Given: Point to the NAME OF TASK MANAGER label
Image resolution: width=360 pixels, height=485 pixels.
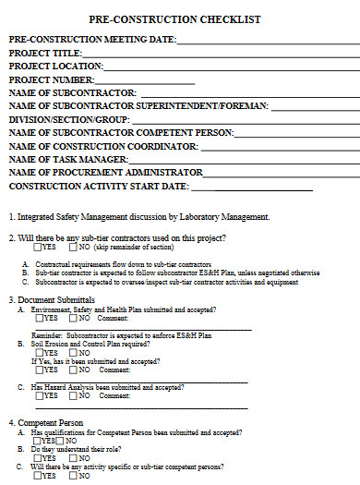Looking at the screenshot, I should tap(67, 160).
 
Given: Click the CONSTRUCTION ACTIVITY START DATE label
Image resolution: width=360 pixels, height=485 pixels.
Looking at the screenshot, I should tap(98, 187).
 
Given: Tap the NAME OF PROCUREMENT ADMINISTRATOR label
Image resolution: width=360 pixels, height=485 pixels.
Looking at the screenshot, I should tap(105, 173).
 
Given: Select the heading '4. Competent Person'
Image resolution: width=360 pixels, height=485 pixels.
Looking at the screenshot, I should tap(46, 422).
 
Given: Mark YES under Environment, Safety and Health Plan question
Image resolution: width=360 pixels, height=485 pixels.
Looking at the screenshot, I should tap(37, 318).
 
